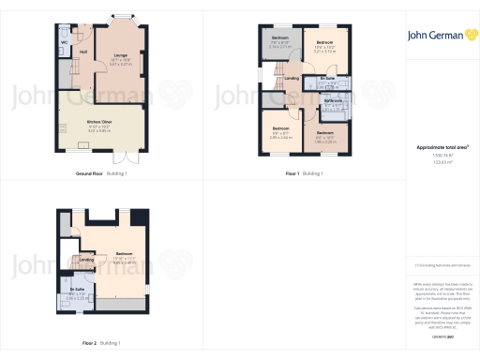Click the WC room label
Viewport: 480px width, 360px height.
(64, 43)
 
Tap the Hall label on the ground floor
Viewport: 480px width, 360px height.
(83, 51)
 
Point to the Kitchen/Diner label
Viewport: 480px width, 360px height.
(100, 123)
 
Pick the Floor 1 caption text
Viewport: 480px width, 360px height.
(292, 173)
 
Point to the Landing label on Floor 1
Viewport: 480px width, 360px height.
(292, 78)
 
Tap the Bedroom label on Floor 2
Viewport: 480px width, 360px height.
(124, 254)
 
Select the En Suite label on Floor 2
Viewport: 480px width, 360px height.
(77, 291)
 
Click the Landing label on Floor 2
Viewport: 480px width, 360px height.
(86, 260)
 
